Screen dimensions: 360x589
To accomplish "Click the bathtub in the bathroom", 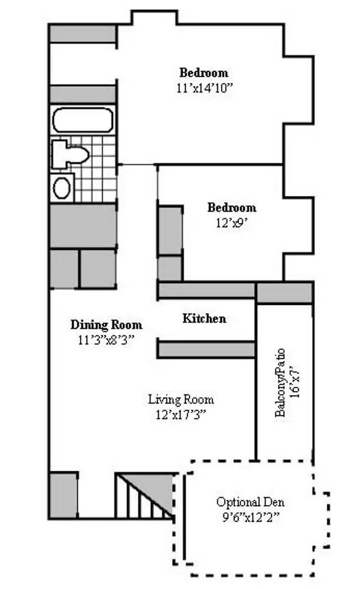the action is pos(83,120).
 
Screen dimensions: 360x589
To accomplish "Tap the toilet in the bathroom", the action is pos(70,154).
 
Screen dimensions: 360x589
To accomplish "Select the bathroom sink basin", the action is pos(62,188).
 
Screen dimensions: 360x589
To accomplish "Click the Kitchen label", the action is pos(205,318).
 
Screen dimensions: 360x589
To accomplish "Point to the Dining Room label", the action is pos(106,324).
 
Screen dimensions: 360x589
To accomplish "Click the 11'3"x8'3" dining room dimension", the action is pos(106,340).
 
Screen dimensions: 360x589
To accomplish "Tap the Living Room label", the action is pos(181,399).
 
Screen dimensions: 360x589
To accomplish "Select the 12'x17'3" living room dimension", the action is pos(181,414).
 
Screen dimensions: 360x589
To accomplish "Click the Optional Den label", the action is pos(250,502).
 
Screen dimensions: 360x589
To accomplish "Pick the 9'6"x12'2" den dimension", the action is pos(250,517).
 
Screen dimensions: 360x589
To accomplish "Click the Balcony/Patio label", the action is pos(280,383).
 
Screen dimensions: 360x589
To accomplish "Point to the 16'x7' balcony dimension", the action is pos(296,383).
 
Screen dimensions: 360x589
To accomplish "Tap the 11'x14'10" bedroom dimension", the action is pos(205,88).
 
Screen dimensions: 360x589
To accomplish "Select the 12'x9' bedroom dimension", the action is pos(232,223).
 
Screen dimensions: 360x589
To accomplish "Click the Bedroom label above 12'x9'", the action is pos(232,208).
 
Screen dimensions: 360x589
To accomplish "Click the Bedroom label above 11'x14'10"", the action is pos(203,73).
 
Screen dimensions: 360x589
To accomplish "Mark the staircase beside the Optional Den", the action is pos(145,496).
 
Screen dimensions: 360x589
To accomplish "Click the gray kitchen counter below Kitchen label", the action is pos(206,349).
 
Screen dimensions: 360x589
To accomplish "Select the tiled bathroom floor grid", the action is pos(94,169).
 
